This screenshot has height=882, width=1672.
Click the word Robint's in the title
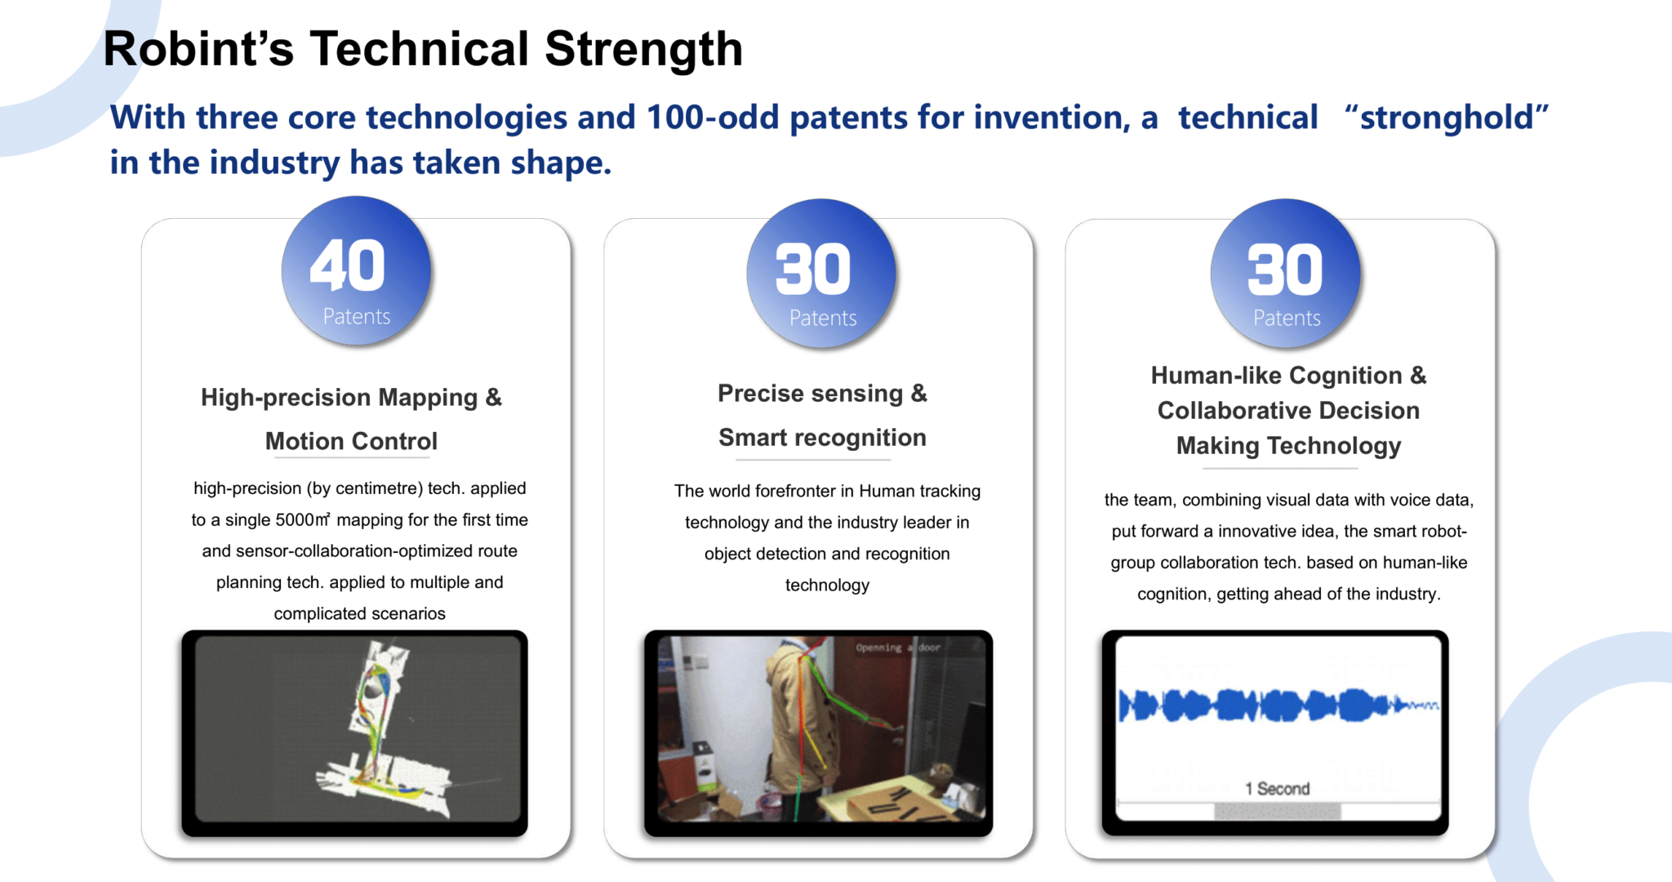click(x=198, y=49)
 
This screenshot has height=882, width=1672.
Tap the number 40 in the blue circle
click(x=348, y=265)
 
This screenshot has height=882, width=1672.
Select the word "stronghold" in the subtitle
click(x=1446, y=118)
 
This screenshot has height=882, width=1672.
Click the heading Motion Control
click(x=351, y=441)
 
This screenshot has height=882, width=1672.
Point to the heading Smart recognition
click(x=822, y=438)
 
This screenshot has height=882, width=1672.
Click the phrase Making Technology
click(x=1288, y=446)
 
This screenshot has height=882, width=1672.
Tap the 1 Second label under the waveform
click(x=1277, y=789)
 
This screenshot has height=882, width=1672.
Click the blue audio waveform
click(x=1278, y=705)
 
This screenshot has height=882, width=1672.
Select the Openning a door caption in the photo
click(x=898, y=648)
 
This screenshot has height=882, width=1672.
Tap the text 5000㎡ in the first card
click(x=303, y=520)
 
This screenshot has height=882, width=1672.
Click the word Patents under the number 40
click(x=357, y=316)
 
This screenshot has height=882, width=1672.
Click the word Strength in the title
click(x=643, y=49)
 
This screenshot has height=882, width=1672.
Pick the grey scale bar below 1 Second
click(x=1278, y=811)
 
